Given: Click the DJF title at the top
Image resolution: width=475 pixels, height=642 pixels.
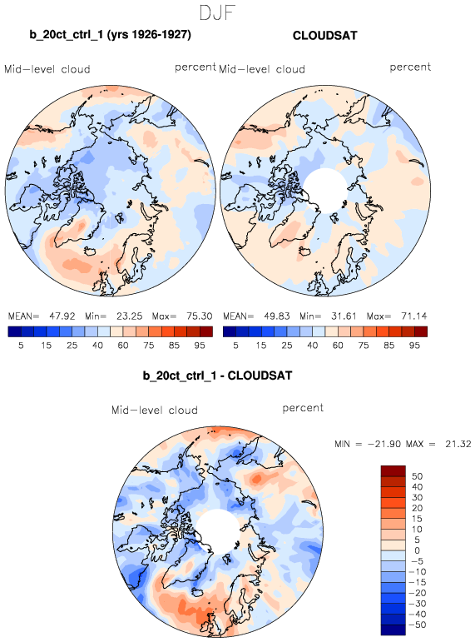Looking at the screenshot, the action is tap(217, 12).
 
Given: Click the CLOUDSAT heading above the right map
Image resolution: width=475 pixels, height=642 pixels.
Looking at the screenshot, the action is tap(325, 36).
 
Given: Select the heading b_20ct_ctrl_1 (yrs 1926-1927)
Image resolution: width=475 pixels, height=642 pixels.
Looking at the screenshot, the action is tap(110, 34).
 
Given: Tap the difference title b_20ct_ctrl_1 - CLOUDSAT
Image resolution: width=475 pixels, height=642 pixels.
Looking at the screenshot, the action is tap(217, 376).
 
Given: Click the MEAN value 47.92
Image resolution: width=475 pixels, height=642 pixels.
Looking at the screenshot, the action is tap(62, 316).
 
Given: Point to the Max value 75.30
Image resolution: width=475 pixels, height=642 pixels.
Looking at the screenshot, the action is tap(200, 316).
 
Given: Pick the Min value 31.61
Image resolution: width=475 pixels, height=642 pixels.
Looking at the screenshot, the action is tap(344, 316).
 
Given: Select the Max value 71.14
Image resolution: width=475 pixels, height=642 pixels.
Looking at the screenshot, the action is tap(414, 316).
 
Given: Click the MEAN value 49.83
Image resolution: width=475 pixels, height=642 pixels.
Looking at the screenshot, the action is tap(276, 316).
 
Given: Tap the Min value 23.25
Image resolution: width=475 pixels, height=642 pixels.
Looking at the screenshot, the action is tap(129, 316).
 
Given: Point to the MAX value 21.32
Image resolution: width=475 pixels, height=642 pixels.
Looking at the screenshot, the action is tap(458, 444).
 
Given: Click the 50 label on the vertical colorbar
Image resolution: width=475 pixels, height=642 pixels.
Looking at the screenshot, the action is tap(417, 476).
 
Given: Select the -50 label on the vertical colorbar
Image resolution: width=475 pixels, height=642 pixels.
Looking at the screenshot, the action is tap(417, 625).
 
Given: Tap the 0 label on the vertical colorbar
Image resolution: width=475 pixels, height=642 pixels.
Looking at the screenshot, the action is tap(417, 550).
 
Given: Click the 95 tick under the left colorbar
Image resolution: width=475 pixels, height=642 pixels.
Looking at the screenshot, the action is tap(200, 346).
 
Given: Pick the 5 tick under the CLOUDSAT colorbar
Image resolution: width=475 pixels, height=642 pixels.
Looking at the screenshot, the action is tap(235, 346).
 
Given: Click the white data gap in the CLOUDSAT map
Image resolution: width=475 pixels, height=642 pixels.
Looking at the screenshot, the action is tap(325, 191).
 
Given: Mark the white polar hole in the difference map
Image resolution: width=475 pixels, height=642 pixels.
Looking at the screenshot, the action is tap(217, 531).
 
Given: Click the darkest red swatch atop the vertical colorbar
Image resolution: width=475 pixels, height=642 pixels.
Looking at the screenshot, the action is tap(393, 470).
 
